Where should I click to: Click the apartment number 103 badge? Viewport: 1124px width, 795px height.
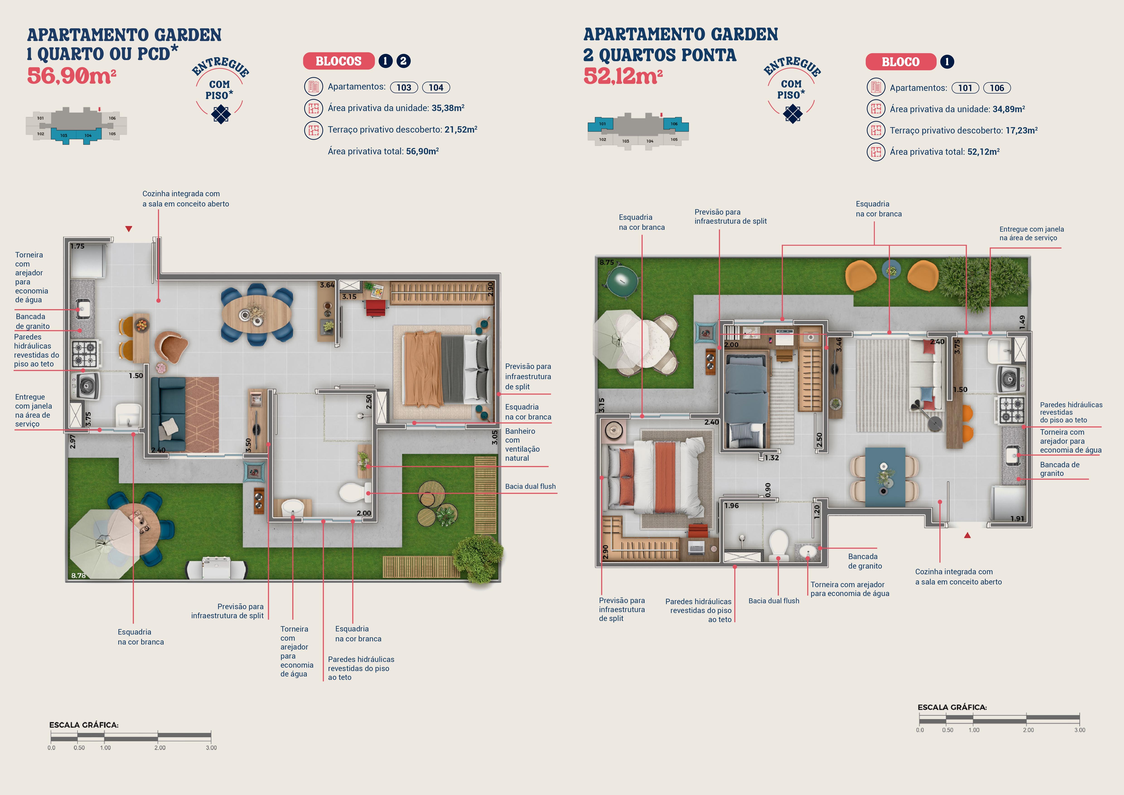pos(404,87)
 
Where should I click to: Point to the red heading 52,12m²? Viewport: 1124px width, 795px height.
pos(623,76)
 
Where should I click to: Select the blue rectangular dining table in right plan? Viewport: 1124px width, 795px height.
pos(885,476)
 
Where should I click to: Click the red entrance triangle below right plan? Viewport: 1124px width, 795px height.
pos(967,535)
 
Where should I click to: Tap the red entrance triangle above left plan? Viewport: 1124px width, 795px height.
pos(129,229)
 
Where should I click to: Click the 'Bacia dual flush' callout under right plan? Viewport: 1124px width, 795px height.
pos(774,601)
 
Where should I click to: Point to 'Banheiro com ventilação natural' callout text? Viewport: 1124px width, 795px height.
pos(522,444)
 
